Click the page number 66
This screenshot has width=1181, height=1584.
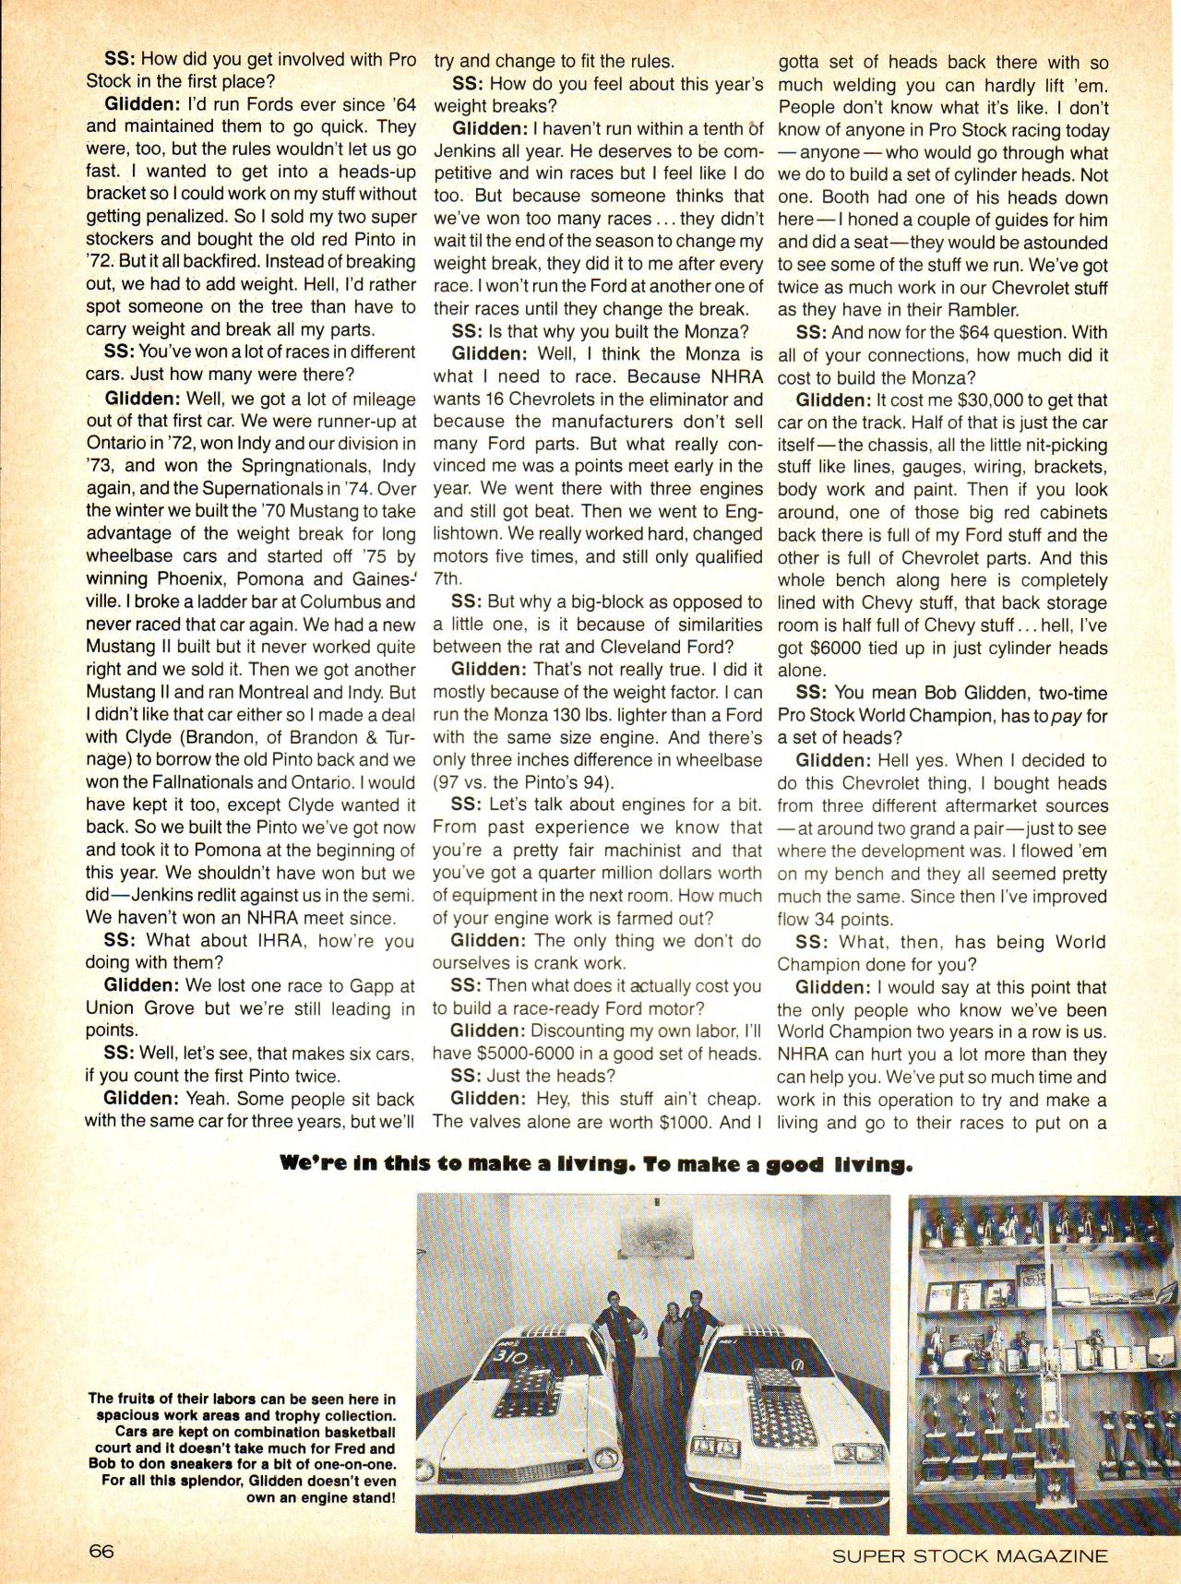pyautogui.click(x=101, y=1552)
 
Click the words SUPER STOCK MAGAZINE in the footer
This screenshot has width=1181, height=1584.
pyautogui.click(x=969, y=1555)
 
